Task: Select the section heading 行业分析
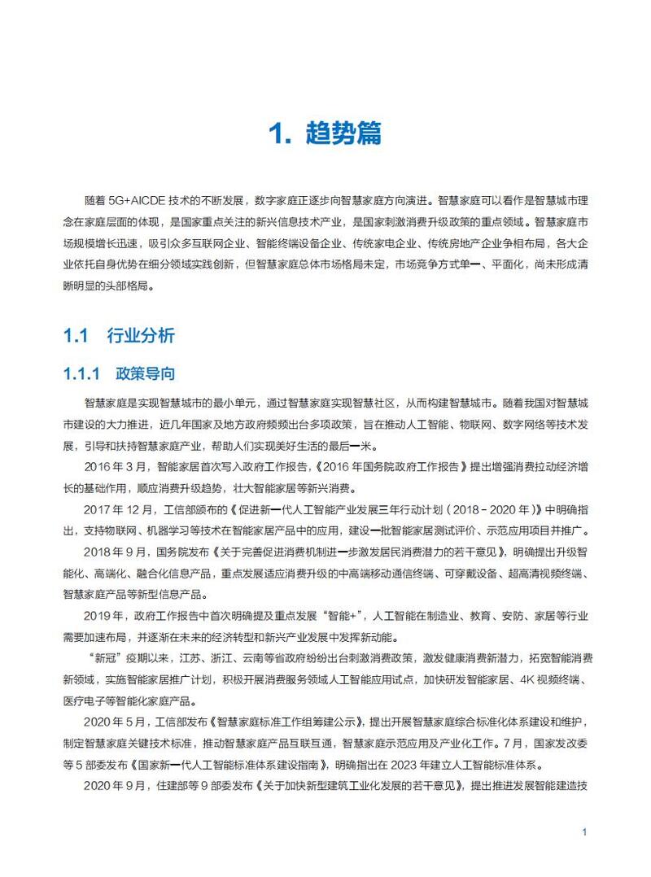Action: [x=140, y=336]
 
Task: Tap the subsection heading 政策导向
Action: [x=146, y=374]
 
